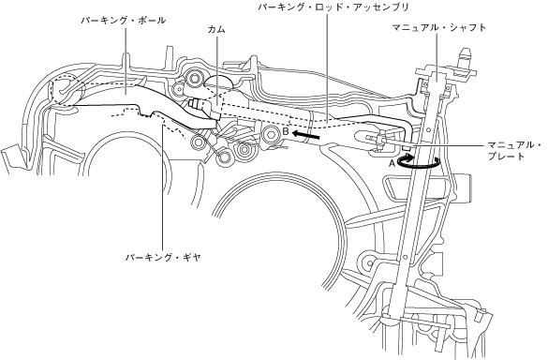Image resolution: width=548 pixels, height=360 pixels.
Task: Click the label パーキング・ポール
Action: [x=124, y=21]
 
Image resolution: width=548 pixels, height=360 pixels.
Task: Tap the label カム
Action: [x=216, y=30]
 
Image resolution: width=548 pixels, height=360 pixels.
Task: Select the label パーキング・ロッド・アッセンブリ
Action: [x=333, y=7]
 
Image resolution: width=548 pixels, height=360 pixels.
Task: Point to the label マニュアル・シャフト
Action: [x=439, y=27]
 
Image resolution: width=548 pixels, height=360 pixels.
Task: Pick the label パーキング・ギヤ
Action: [x=164, y=258]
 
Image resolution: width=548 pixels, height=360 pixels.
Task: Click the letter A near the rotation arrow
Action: [x=392, y=163]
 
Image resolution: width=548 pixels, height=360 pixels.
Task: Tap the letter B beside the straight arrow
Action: [x=286, y=131]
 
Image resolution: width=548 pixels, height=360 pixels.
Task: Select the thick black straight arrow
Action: [x=306, y=135]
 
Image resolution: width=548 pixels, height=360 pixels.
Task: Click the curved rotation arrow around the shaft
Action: [x=418, y=167]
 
